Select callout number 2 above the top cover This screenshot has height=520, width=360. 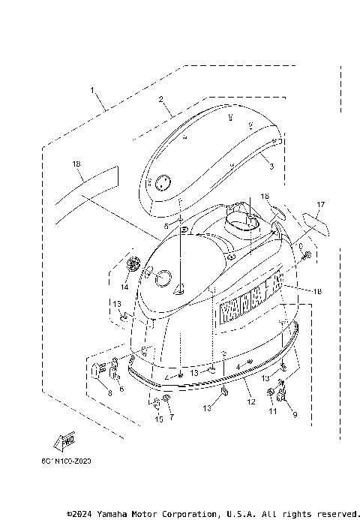(160, 99)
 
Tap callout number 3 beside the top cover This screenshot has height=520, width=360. (271, 165)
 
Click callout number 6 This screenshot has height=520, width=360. (121, 389)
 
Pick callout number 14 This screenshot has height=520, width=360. (124, 287)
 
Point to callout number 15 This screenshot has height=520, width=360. (158, 419)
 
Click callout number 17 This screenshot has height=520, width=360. (319, 204)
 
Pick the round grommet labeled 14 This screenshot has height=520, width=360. (134, 264)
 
